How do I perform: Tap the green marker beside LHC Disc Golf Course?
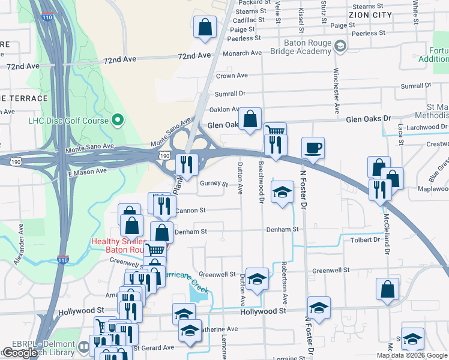118,120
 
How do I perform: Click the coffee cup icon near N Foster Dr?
313,147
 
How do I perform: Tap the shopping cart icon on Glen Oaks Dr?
275,131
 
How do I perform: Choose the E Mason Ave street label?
88,172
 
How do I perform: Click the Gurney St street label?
214,184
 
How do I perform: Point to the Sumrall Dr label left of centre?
231,94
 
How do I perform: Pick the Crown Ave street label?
232,76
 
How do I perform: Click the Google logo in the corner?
20,353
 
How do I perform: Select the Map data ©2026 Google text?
412,355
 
